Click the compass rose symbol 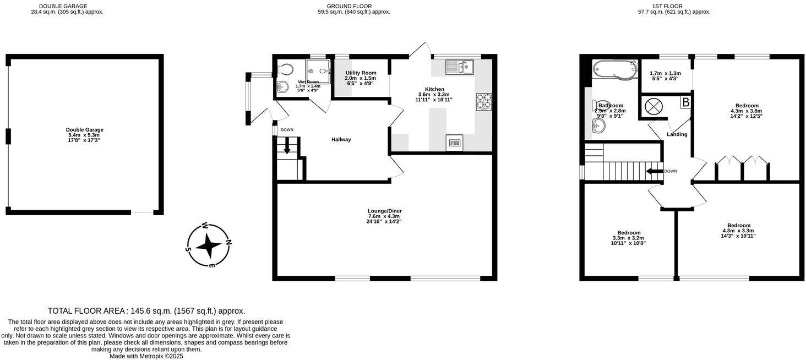[x=209, y=246]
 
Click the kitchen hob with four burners [x=484, y=102]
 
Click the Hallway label [x=341, y=140]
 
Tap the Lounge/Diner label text [x=385, y=211]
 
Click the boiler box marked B [x=685, y=102]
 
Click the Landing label [x=677, y=134]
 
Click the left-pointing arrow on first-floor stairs [x=653, y=171]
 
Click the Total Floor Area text [x=146, y=311]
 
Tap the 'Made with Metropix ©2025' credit [x=146, y=356]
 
